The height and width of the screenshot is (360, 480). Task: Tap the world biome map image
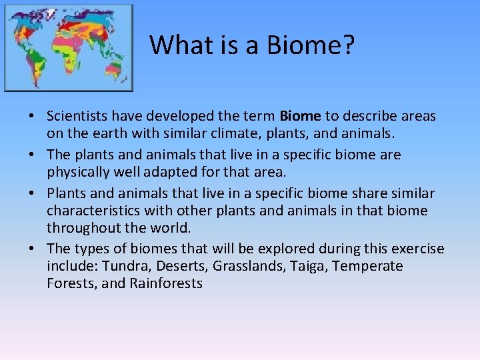click(x=69, y=48)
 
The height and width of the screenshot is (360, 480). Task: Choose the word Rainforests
click(x=166, y=283)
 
